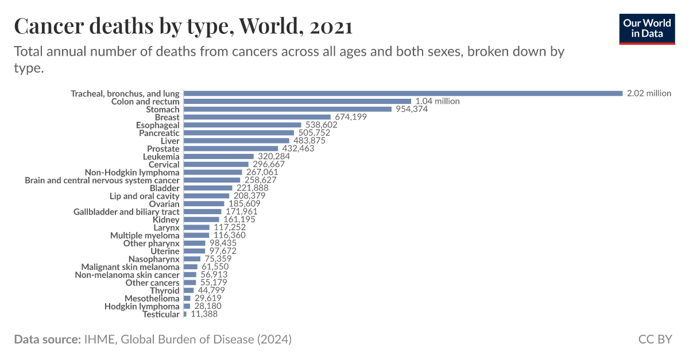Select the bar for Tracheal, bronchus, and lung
click(x=402, y=93)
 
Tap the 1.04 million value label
click(x=438, y=101)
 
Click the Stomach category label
click(x=162, y=109)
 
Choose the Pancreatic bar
click(x=239, y=133)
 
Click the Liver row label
click(x=170, y=141)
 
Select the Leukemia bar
click(x=218, y=156)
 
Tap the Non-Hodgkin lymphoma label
click(x=132, y=172)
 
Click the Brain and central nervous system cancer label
click(x=102, y=180)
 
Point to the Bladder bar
click(x=207, y=188)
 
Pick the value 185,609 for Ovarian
click(x=244, y=204)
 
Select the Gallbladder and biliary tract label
click(x=126, y=212)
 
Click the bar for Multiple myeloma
click(x=196, y=235)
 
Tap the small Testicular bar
click(x=185, y=314)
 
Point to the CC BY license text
click(x=655, y=339)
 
